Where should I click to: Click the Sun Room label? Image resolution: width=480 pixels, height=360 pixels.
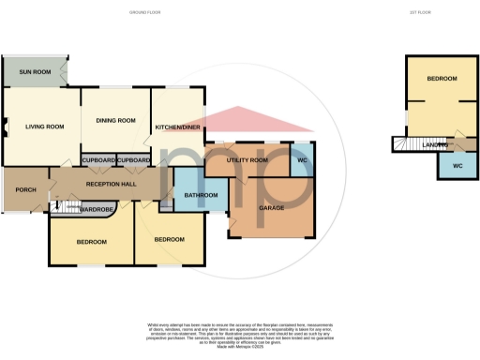click(x=35, y=71)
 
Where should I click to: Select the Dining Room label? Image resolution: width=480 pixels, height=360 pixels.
click(x=116, y=120)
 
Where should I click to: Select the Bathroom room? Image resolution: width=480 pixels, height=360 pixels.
click(x=200, y=195)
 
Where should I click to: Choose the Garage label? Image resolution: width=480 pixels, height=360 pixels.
click(x=271, y=208)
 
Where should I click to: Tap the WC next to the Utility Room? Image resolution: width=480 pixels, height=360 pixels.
click(x=303, y=159)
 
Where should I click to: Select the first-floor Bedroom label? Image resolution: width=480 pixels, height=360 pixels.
click(x=442, y=80)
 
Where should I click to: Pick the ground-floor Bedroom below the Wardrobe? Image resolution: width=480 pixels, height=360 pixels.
click(x=91, y=242)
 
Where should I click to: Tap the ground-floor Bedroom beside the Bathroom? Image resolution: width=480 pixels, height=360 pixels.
click(x=169, y=239)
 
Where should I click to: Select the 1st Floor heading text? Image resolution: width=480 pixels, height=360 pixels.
click(x=419, y=12)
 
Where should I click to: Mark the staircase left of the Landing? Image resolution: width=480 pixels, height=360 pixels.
click(x=403, y=144)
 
